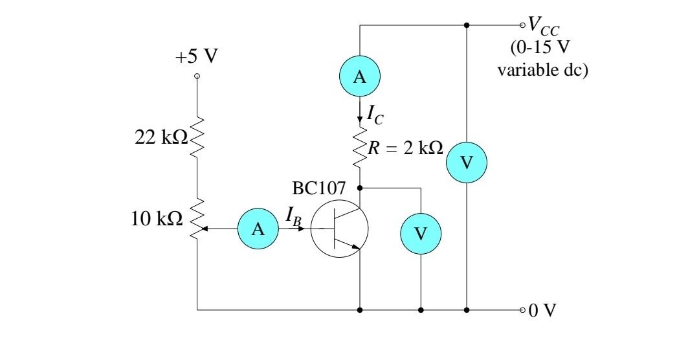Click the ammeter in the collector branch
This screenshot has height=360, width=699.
360,77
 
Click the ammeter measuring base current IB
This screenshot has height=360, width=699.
258,229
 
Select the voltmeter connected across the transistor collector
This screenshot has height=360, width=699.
421,232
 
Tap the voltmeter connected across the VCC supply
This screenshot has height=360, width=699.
467,163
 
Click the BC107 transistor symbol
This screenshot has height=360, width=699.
339,230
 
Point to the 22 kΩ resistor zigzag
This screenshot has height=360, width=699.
197,138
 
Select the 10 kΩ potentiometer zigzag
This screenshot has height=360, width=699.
197,218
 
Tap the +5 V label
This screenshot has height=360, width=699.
197,56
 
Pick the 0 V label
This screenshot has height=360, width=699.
542,310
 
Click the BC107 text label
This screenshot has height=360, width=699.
319,189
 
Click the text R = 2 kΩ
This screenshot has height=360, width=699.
405,148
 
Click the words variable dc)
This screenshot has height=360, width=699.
542,69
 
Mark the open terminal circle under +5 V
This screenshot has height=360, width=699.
197,76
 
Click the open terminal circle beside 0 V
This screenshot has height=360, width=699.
523,310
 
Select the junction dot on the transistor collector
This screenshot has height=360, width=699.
360,188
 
